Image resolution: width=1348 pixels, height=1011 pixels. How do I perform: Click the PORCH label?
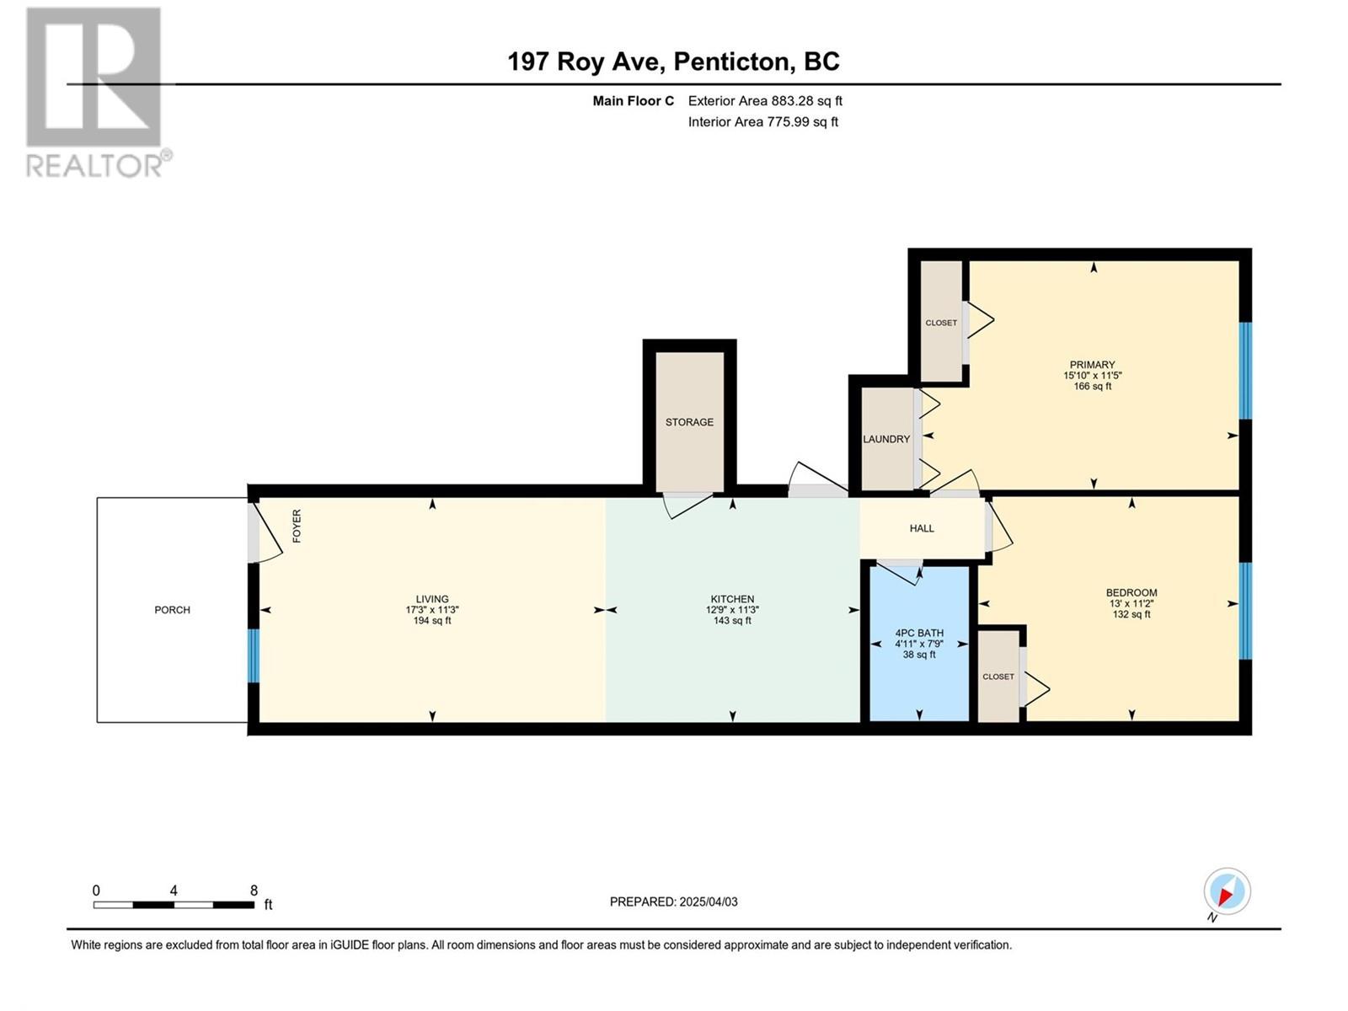coord(172,609)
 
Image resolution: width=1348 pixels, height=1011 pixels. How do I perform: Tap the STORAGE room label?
coord(689,422)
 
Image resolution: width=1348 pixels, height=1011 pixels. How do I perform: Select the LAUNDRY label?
coord(886,439)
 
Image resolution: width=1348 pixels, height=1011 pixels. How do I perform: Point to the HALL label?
coord(922,528)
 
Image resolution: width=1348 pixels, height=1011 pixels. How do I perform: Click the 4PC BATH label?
coord(919,633)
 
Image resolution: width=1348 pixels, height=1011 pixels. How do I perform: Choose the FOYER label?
coord(297,526)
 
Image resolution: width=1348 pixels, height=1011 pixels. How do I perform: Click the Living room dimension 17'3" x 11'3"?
coord(432,609)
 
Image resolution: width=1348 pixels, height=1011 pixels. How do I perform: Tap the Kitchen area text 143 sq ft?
coord(732,621)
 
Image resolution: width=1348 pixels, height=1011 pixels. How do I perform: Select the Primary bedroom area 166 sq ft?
coord(1093,386)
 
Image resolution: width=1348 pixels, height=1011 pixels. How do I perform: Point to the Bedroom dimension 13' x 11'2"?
coord(1131,602)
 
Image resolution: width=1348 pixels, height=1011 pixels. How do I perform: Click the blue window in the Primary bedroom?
coord(1245,371)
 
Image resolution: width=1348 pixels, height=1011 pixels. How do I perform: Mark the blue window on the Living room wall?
coord(253,655)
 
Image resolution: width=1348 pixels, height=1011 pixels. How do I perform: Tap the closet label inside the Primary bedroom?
coord(941,323)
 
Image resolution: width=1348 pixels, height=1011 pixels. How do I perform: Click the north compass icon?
coord(1227,891)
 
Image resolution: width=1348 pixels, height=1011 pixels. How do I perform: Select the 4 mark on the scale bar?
coord(174,891)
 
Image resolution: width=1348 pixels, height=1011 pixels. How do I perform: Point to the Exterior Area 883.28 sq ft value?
coord(765,100)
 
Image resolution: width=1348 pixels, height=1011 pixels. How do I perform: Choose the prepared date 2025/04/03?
coord(708,901)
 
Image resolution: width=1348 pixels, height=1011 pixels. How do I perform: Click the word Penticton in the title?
coord(730,62)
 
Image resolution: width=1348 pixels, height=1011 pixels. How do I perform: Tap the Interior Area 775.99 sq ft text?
coord(762,121)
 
